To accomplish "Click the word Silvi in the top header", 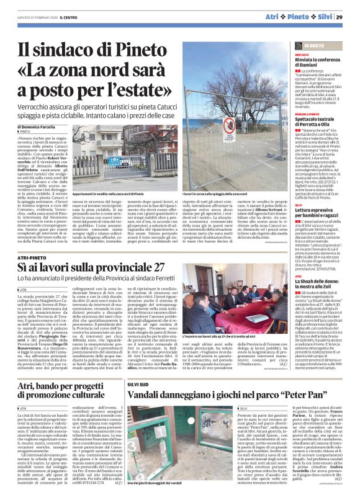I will click(325, 16).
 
